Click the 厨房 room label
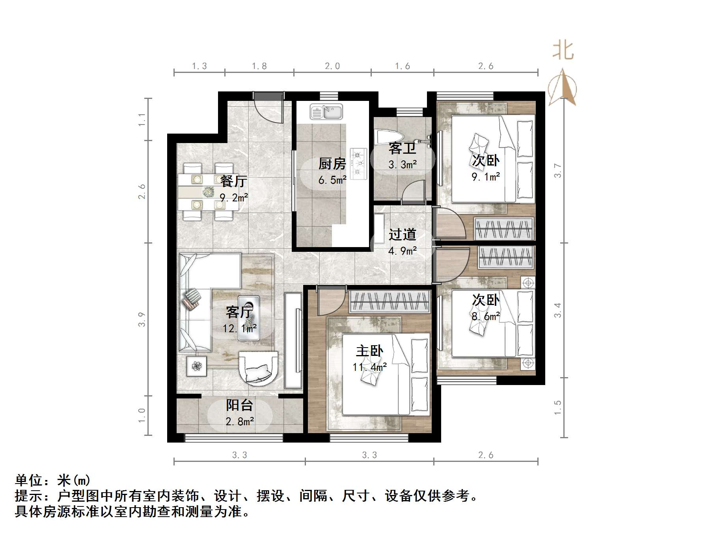tap(332, 164)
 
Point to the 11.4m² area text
tap(369, 367)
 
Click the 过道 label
tap(402, 234)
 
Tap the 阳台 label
tap(239, 405)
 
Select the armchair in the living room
tap(258, 368)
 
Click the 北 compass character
tap(563, 50)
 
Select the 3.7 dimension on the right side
tap(557, 170)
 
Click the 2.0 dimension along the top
tap(332, 66)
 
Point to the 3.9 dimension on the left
tap(142, 319)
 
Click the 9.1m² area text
tap(486, 177)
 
